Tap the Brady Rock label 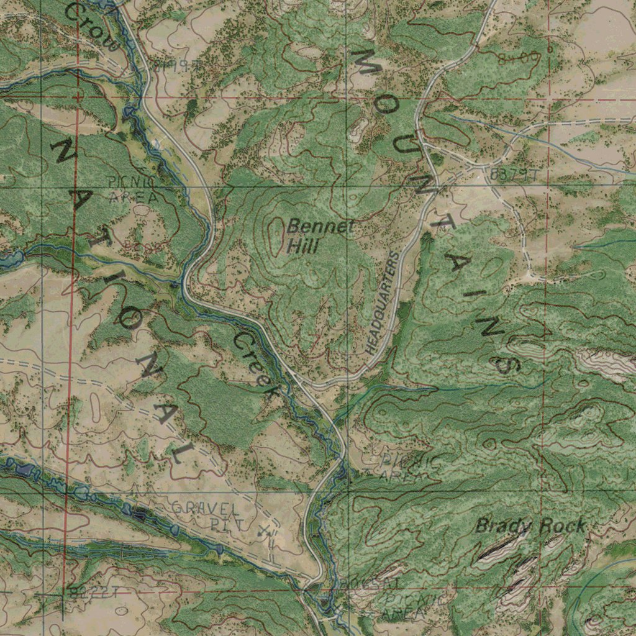click(530, 527)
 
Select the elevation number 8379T click(514, 175)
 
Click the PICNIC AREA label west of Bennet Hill click(132, 190)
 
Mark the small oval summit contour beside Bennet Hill click(273, 236)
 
